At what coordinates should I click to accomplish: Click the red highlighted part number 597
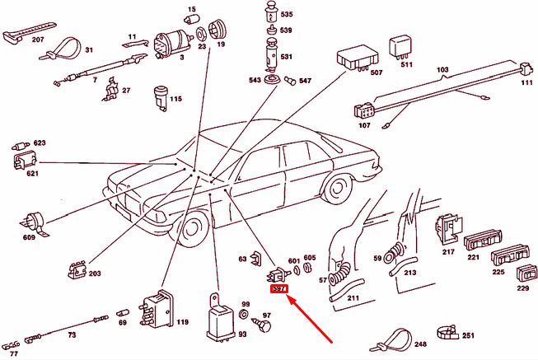coord(278,289)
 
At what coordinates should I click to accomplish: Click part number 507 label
coord(376,72)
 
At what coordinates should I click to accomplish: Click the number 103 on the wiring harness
coord(441,71)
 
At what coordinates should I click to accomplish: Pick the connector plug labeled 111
coord(524,70)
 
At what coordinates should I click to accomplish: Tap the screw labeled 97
coord(264,327)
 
